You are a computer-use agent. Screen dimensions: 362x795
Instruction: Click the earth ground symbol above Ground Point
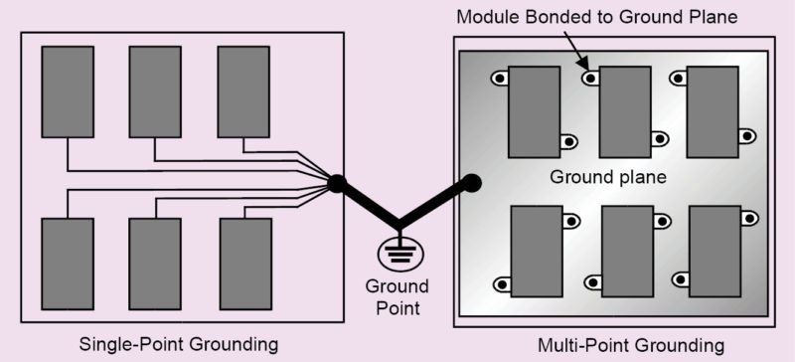point(398,250)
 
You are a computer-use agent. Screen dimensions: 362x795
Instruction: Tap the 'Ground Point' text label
point(397,297)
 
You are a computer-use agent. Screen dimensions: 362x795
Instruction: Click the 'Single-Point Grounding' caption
point(178,344)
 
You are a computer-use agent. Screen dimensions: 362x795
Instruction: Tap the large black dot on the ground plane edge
point(472,183)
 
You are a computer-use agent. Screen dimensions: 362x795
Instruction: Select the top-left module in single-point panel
point(67,91)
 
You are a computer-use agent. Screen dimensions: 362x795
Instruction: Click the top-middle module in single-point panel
point(155,91)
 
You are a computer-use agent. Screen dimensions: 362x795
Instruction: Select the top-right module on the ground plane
point(713,111)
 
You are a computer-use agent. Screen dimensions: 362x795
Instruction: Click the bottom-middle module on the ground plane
point(628,253)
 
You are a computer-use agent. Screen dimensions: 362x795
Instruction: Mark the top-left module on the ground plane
point(534,111)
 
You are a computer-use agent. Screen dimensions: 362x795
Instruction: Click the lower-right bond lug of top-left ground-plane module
point(568,142)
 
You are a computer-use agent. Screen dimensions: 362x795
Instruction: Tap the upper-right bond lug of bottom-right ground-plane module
point(748,218)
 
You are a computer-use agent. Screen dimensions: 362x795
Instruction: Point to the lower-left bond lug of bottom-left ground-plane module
point(502,285)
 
